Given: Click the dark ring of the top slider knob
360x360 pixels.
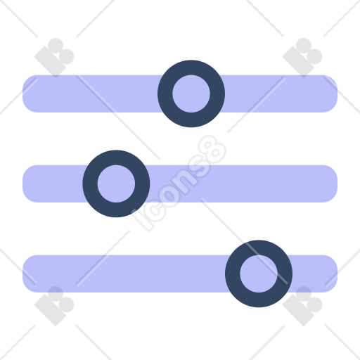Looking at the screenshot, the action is (165, 94).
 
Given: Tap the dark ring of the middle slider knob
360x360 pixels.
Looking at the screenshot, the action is (90, 184).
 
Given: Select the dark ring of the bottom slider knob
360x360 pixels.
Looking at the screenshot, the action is (233, 274).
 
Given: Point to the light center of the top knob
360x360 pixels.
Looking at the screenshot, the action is (191, 94).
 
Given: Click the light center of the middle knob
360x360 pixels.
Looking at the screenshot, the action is (116, 184).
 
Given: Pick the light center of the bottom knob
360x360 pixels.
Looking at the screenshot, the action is (259, 274).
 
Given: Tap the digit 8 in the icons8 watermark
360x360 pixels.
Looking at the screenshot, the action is (212, 150).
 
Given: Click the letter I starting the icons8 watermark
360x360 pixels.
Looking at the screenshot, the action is (141, 219).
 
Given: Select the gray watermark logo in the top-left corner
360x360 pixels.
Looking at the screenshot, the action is (54, 58).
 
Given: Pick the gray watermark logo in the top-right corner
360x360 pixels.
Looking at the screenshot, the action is (302, 58).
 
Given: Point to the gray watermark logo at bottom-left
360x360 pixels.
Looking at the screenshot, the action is (54, 306).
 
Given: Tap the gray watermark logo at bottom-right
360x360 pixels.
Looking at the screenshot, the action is (302, 306).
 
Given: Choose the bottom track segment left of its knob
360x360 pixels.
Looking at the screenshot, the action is (124, 274).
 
